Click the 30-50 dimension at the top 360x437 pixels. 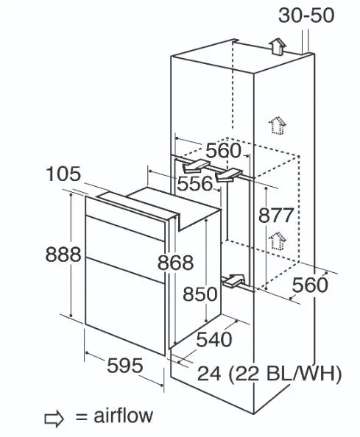[x=306, y=15]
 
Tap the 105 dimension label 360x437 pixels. [x=63, y=174]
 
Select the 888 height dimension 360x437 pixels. [x=63, y=255]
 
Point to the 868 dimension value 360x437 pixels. [x=175, y=263]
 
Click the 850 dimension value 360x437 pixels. [x=200, y=294]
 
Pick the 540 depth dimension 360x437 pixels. [x=214, y=340]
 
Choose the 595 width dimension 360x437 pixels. [x=125, y=366]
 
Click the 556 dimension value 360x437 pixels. [x=195, y=184]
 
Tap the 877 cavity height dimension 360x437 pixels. [x=276, y=215]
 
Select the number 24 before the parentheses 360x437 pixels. [x=209, y=374]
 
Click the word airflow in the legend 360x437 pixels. [x=123, y=416]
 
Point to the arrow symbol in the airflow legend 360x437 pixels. [x=54, y=419]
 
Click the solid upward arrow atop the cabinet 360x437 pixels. [x=278, y=46]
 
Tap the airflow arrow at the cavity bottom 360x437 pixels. [x=233, y=280]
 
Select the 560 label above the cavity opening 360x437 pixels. [x=223, y=151]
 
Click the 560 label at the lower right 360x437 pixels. [x=310, y=285]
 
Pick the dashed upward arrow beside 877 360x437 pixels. [x=278, y=241]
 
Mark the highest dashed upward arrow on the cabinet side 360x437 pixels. [x=278, y=125]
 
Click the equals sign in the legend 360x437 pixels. [x=82, y=417]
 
